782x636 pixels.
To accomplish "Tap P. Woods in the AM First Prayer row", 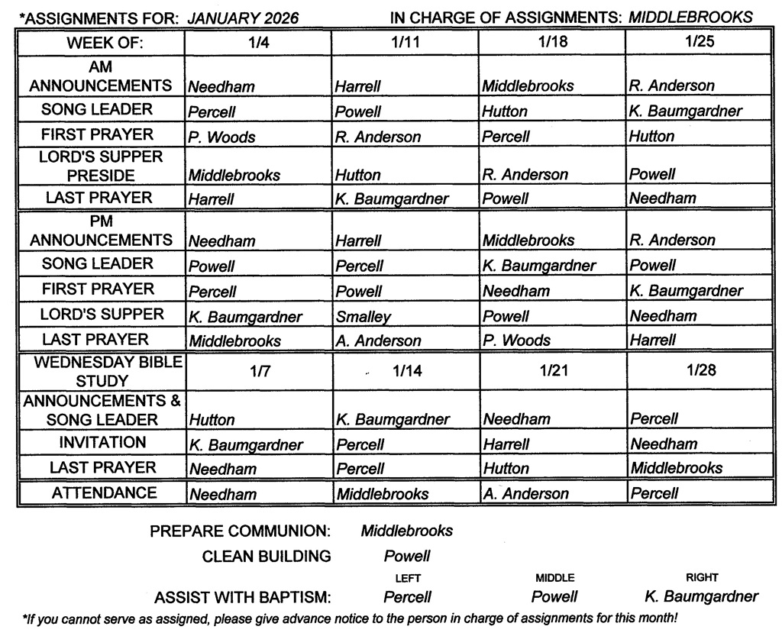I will tap(222, 137).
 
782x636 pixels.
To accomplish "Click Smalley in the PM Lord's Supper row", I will tap(363, 316).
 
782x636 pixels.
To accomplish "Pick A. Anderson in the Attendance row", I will tap(525, 494).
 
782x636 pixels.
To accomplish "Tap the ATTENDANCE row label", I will tap(104, 493).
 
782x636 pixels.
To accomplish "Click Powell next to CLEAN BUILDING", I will tap(407, 556).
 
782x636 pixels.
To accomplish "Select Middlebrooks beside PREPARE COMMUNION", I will tap(407, 531).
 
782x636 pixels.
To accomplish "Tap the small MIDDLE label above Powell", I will tap(554, 578).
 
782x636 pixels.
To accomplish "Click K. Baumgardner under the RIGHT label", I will tap(702, 596).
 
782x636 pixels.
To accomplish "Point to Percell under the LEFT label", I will tap(407, 597).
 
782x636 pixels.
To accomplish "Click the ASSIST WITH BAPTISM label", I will tap(243, 597).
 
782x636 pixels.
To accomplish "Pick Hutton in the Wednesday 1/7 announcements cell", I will tap(212, 419).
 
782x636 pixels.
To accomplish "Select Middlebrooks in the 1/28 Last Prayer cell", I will tap(677, 468).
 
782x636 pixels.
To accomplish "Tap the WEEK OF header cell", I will tap(105, 44).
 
